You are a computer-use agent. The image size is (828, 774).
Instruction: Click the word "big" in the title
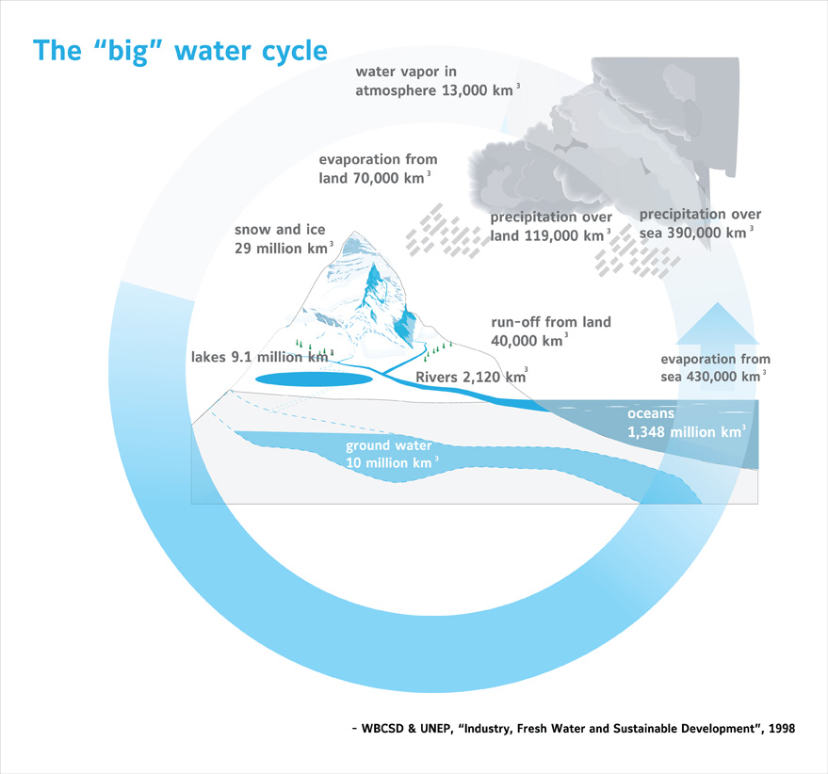(x=127, y=52)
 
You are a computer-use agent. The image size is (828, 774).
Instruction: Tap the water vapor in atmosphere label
(x=437, y=81)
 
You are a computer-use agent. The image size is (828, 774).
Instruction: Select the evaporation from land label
(x=378, y=169)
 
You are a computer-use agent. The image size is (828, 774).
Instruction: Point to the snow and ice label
(x=284, y=238)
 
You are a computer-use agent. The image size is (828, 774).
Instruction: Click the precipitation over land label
(x=551, y=226)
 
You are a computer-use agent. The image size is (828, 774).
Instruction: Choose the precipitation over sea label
(x=700, y=223)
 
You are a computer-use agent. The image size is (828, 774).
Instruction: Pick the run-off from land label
(x=551, y=331)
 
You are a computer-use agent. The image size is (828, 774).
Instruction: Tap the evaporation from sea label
(x=716, y=367)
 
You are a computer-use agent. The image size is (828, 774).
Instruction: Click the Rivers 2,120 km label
(x=472, y=376)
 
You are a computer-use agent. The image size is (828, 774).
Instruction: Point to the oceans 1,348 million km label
(x=687, y=423)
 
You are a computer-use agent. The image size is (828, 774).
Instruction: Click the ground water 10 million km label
(x=392, y=454)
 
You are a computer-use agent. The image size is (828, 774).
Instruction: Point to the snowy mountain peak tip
(x=354, y=232)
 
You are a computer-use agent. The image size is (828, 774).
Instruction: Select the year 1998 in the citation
(x=782, y=729)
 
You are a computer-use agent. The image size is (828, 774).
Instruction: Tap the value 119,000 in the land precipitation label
(x=549, y=235)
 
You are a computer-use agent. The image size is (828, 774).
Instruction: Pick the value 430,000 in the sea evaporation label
(x=711, y=377)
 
